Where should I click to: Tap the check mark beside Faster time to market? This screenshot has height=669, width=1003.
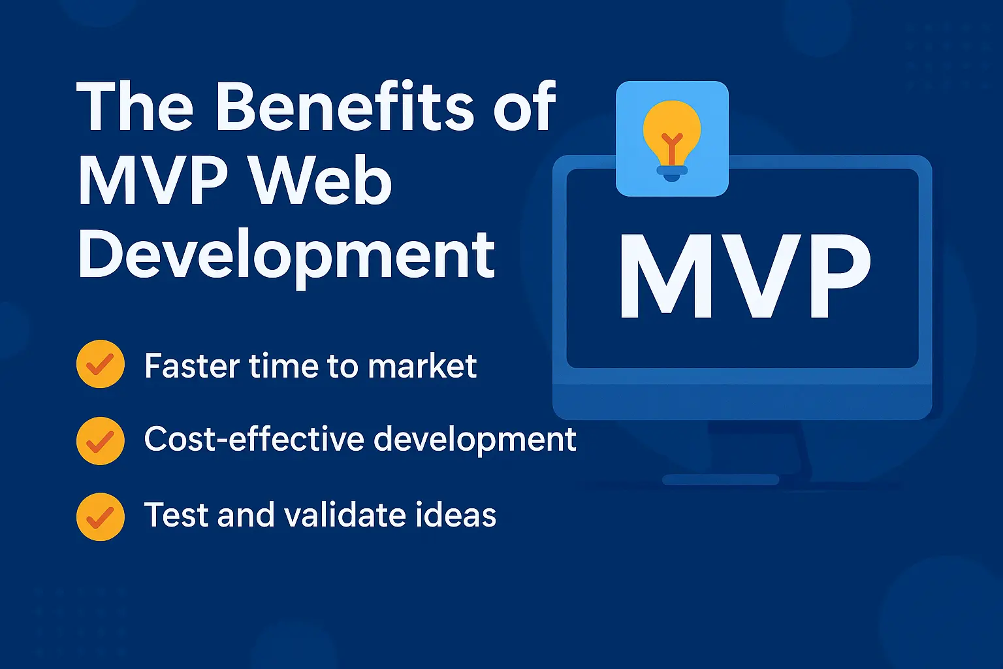[x=100, y=365]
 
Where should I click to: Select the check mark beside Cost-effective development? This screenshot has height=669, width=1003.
[x=100, y=440]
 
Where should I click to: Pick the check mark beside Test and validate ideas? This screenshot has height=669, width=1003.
[x=100, y=516]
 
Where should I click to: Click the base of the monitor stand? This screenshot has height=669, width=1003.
[x=720, y=480]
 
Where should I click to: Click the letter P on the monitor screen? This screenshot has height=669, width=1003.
[x=838, y=277]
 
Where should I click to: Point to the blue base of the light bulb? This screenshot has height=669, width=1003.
[x=672, y=173]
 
